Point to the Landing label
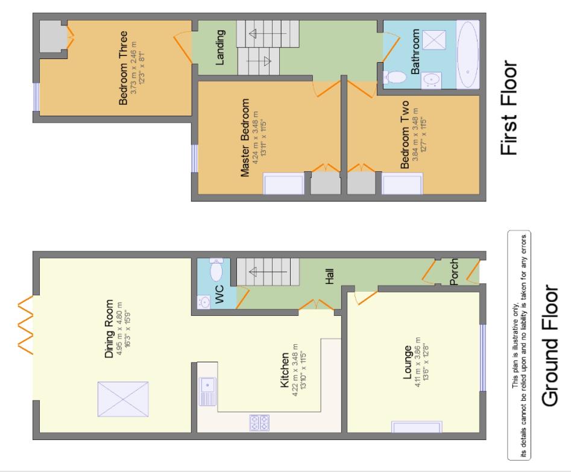coord(221,47)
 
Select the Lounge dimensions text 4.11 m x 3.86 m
coord(417,374)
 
